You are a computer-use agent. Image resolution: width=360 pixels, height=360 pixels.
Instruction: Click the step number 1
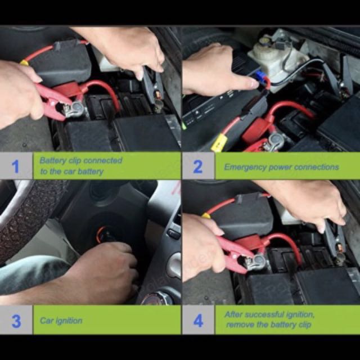[15, 166]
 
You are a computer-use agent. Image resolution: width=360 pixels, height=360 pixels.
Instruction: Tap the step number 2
[197, 166]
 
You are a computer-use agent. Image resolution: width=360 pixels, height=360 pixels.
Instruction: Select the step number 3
[16, 321]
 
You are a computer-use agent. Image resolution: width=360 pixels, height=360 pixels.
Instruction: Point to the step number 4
[198, 321]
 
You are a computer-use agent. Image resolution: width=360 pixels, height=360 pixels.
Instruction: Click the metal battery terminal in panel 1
[75, 109]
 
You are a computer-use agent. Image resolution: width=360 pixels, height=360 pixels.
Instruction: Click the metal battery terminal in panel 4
[255, 262]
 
